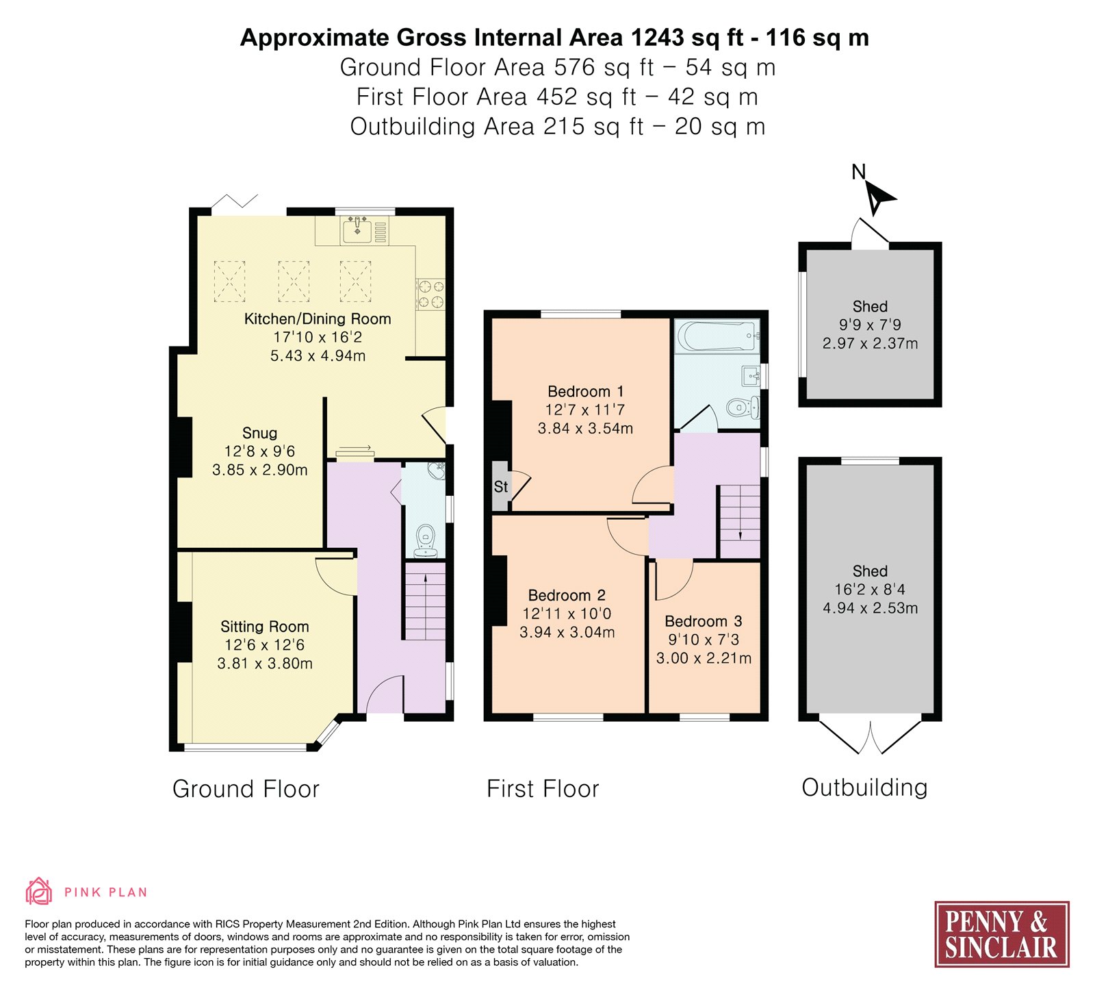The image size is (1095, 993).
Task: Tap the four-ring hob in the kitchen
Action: pos(430,293)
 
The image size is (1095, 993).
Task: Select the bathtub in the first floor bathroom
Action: pos(717,336)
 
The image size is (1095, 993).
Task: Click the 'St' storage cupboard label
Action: pos(501,487)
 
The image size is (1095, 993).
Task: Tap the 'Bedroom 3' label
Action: pos(704,621)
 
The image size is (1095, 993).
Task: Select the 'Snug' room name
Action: pos(260,433)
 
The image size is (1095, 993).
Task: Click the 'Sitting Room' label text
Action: pos(265,627)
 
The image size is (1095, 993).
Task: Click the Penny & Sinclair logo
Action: pos(1002,934)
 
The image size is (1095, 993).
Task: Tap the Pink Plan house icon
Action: pos(39,891)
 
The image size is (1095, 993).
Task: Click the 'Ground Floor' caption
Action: pos(246,789)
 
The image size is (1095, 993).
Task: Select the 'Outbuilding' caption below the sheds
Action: pos(864,788)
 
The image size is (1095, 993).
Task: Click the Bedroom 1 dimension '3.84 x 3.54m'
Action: pos(585,429)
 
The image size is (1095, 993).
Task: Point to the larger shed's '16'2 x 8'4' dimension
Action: pos(870,590)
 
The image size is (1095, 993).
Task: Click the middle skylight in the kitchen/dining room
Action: pos(294,281)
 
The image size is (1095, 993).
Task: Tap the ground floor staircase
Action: pos(426,601)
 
